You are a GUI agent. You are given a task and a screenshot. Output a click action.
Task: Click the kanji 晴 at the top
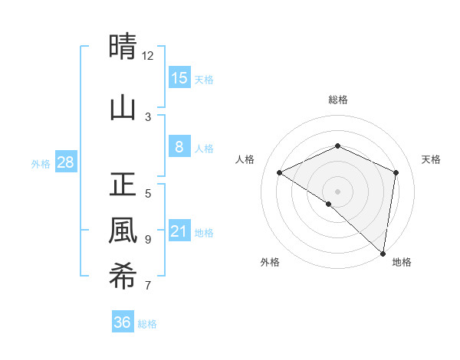pyautogui.click(x=123, y=47)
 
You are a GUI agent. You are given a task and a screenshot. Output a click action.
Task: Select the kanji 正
pyautogui.click(x=123, y=184)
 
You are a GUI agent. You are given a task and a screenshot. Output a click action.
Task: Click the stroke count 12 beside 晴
pyautogui.click(x=148, y=56)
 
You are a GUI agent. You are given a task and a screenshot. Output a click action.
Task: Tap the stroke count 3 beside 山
pyautogui.click(x=148, y=116)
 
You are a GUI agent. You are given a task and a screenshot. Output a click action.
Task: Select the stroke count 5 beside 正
pyautogui.click(x=148, y=193)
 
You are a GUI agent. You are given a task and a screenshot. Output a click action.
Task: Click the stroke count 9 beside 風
pyautogui.click(x=148, y=240)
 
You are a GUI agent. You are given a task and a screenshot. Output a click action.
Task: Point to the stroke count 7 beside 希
pyautogui.click(x=148, y=286)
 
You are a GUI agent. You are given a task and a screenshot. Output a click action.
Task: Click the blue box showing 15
pyautogui.click(x=179, y=78)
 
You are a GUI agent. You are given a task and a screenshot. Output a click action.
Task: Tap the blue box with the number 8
pyautogui.click(x=179, y=147)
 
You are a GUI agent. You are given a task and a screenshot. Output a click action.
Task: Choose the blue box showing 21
pyautogui.click(x=179, y=231)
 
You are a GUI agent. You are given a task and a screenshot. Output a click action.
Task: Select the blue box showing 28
pyautogui.click(x=65, y=162)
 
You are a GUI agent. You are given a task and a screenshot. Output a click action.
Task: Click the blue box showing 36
pyautogui.click(x=123, y=322)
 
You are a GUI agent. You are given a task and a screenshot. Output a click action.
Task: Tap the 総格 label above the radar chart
pyautogui.click(x=337, y=100)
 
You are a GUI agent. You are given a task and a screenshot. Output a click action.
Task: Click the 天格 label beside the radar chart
pyautogui.click(x=431, y=159)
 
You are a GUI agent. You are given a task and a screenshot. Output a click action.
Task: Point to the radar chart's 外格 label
pyautogui.click(x=270, y=262)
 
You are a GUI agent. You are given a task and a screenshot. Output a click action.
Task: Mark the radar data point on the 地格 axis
pyautogui.click(x=383, y=253)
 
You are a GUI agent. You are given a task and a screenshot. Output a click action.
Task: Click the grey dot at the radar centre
pyautogui.click(x=337, y=191)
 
